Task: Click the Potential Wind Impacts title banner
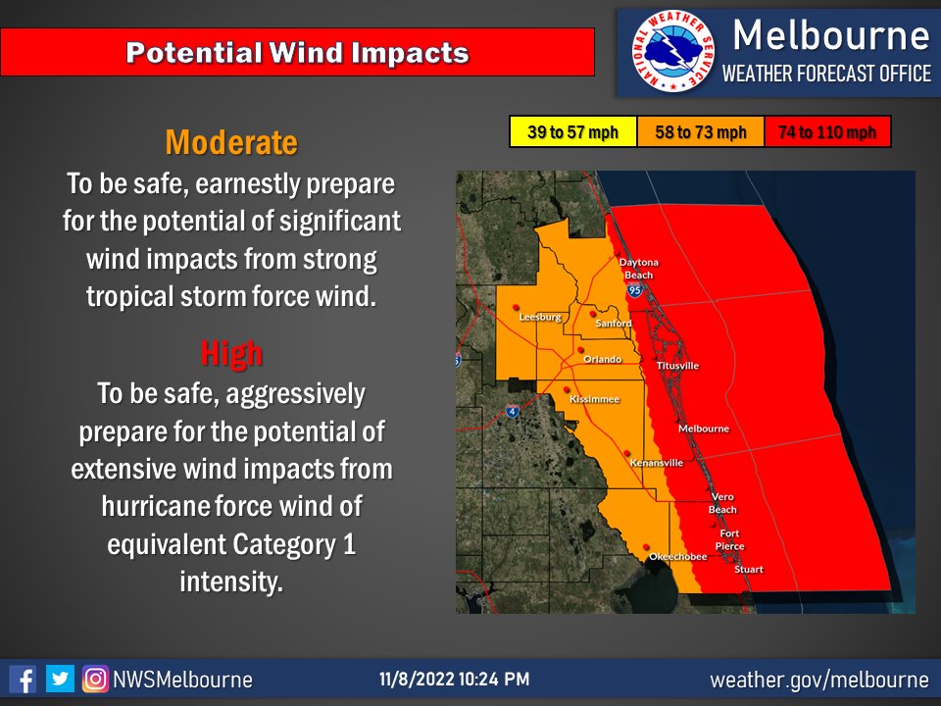298,52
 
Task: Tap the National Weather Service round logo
671,52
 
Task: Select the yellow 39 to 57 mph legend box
572,132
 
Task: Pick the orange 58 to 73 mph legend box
700,132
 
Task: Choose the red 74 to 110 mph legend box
826,132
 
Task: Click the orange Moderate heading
231,143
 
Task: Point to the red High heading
231,352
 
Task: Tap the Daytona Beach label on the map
638,269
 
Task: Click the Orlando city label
602,360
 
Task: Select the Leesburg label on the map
540,318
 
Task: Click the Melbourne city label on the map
704,429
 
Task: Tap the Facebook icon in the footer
23,679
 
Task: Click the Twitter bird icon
60,679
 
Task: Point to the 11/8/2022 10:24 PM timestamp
455,680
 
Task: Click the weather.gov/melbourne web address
818,680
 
